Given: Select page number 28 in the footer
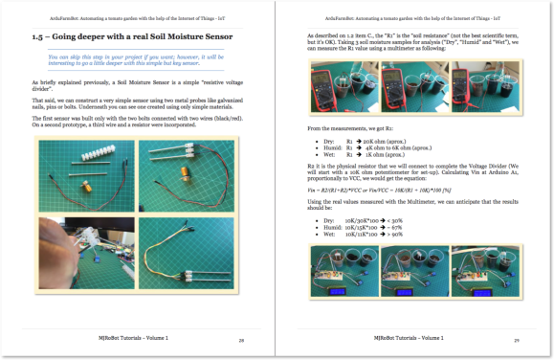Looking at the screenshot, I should click(241, 339).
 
